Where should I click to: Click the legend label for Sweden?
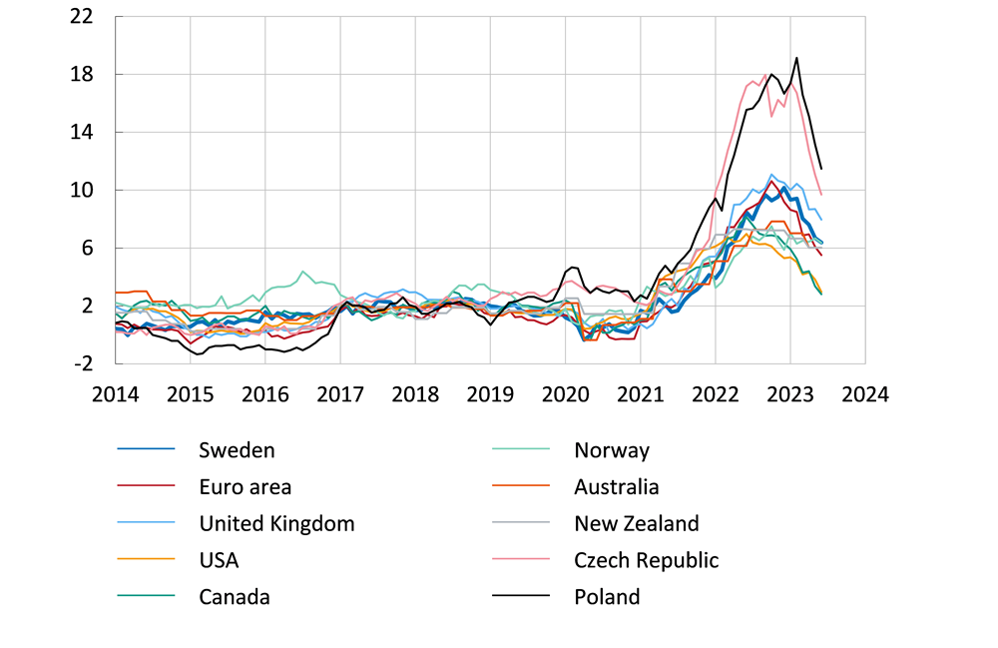[x=237, y=450]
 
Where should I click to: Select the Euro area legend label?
[x=246, y=487]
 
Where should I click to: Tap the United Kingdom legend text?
[x=276, y=523]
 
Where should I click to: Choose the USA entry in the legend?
[x=219, y=560]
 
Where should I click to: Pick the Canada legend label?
[x=235, y=597]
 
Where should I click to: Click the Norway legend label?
[x=612, y=450]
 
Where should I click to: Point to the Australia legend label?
[x=616, y=487]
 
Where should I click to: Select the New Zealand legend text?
[x=636, y=523]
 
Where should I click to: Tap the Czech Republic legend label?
[x=646, y=560]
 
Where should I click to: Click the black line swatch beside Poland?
[x=522, y=597]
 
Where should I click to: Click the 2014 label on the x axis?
[x=115, y=393]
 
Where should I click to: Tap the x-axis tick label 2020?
[x=565, y=393]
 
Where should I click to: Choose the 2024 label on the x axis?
[x=864, y=393]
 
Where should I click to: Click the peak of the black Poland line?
[x=796, y=58]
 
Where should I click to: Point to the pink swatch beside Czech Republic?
[x=522, y=560]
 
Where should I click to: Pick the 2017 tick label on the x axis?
[x=340, y=393]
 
